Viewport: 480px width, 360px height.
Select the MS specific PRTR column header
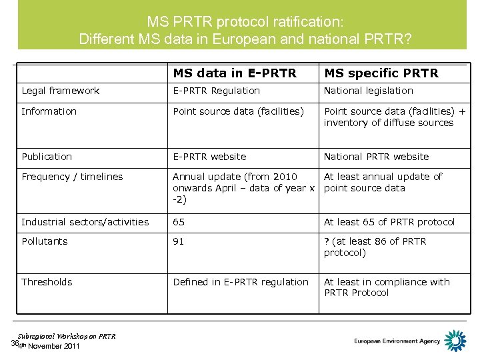[x=381, y=72]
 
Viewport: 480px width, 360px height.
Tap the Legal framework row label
[x=61, y=91]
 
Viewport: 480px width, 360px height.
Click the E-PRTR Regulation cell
[x=217, y=91]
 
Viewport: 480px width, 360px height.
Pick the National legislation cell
[x=369, y=91]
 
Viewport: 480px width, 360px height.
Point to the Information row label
[x=49, y=111]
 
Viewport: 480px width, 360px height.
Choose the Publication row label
[x=47, y=157]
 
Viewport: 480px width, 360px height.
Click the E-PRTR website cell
[x=209, y=157]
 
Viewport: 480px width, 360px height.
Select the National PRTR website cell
[x=377, y=157]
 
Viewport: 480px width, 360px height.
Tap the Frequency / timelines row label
[x=72, y=177]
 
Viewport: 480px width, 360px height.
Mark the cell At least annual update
[x=383, y=182]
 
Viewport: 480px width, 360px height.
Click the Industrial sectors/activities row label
[x=85, y=222]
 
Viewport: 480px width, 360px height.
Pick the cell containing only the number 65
[x=179, y=222]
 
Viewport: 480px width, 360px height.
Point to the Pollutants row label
[x=45, y=241]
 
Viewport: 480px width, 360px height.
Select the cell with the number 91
[x=179, y=241]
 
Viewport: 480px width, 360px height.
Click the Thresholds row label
[x=47, y=282]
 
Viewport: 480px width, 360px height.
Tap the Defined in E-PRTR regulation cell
[x=241, y=282]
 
